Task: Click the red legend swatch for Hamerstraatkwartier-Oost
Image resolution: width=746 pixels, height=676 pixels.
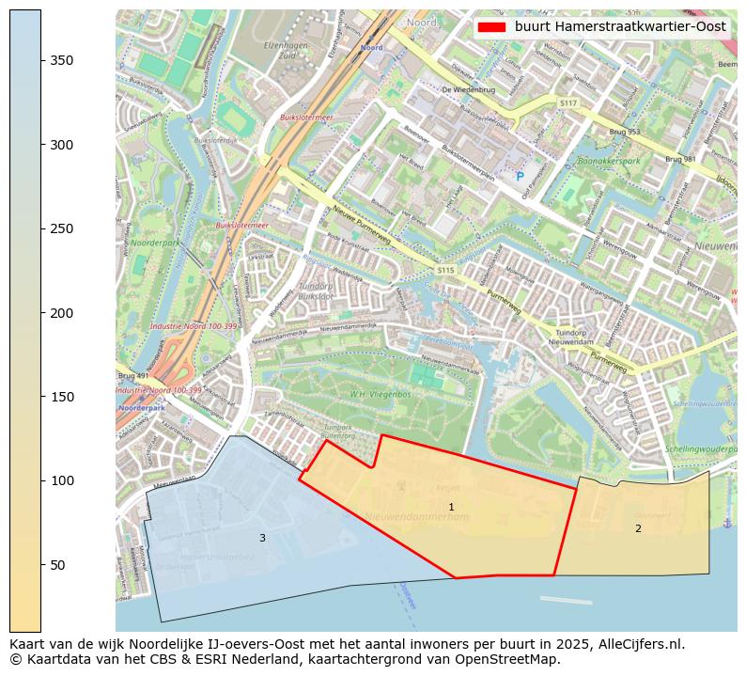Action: (x=491, y=27)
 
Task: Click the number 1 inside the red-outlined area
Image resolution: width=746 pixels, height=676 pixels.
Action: (x=451, y=508)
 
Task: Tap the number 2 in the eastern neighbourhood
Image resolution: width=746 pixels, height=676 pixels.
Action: (x=638, y=528)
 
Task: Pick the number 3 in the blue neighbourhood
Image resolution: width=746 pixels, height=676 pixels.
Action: (x=262, y=538)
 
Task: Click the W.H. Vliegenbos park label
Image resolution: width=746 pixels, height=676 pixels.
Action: (x=381, y=394)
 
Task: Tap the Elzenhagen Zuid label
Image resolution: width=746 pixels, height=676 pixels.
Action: (x=287, y=50)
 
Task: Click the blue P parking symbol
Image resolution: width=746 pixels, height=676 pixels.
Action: (x=518, y=176)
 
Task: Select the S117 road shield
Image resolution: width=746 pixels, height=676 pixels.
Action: (x=567, y=102)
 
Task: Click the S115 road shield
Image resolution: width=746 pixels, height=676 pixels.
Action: (x=444, y=271)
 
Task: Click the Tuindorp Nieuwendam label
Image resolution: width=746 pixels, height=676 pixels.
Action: (x=577, y=338)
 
